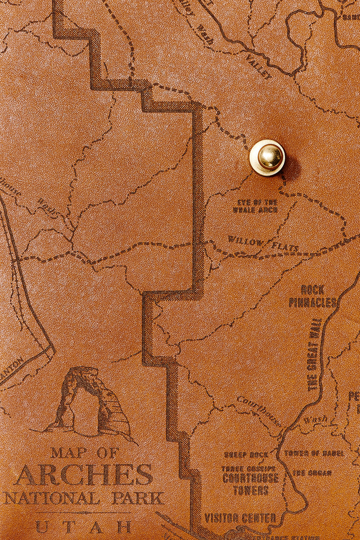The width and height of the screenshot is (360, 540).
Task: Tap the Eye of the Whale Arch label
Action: pyautogui.click(x=255, y=206)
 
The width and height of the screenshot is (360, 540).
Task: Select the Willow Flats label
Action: pyautogui.click(x=263, y=243)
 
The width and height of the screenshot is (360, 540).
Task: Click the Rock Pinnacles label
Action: pyautogui.click(x=313, y=296)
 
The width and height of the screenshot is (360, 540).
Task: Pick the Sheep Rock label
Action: pyautogui.click(x=246, y=455)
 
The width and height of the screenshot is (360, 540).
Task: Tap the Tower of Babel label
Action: pyautogui.click(x=314, y=453)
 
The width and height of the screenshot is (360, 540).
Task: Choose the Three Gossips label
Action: pyautogui.click(x=248, y=468)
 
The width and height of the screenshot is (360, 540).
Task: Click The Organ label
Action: pyautogui.click(x=312, y=473)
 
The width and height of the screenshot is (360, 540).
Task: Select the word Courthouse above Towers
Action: pyautogui.click(x=250, y=478)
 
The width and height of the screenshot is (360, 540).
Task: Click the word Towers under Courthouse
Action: pyautogui.click(x=251, y=490)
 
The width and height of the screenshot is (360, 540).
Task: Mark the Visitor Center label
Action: pyautogui.click(x=240, y=518)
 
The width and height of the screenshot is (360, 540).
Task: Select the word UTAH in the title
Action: pyautogui.click(x=84, y=526)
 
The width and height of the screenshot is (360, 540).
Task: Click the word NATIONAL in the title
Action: pyautogui.click(x=52, y=498)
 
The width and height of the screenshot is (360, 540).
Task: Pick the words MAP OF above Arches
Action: pyautogui.click(x=85, y=452)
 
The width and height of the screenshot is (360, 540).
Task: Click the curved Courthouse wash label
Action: pyautogui.click(x=258, y=409)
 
